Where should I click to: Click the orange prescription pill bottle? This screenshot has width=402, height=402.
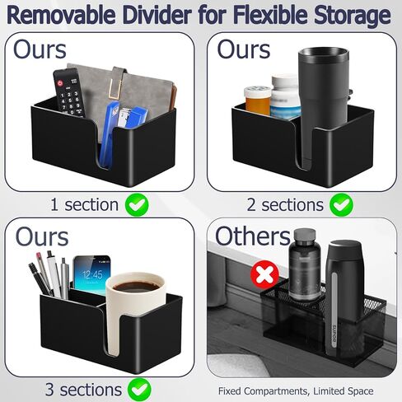point(257,100)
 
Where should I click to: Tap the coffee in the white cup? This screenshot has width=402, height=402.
point(136,287)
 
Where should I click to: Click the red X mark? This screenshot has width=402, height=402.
point(264,274)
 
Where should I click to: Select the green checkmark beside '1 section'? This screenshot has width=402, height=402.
point(137,205)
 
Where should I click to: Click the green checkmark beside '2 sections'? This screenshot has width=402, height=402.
point(341,205)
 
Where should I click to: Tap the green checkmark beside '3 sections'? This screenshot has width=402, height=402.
point(139,390)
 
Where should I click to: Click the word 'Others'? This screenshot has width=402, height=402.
point(253,236)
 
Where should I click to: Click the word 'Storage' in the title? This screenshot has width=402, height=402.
point(353,16)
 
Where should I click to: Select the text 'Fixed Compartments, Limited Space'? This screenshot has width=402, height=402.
point(296,391)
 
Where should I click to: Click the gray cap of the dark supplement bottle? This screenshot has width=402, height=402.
point(304,236)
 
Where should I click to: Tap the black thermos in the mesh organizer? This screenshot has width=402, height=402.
point(344,297)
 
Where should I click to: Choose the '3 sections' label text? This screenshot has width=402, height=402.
point(83,390)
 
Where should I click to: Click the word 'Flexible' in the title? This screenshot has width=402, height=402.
point(271,15)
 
